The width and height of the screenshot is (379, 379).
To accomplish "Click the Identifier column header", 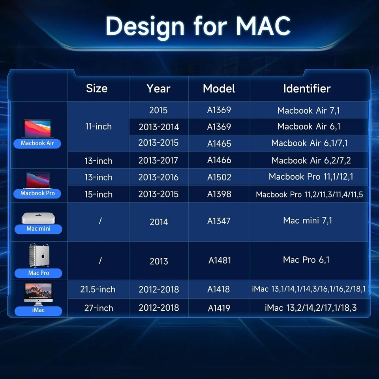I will coord(306,88).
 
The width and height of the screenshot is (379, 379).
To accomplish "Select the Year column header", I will coord(158,88).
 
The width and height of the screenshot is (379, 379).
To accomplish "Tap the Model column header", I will coord(219,88).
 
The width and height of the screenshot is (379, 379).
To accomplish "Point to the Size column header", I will coord(97,88).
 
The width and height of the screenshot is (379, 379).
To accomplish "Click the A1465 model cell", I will coord(219,144).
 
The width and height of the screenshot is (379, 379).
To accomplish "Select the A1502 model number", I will coord(219,177).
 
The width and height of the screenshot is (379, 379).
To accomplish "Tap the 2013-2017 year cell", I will coord(158,160).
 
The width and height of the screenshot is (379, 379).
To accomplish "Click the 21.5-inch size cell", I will coord(98,289).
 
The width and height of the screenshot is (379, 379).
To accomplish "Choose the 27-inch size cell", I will coord(98,308).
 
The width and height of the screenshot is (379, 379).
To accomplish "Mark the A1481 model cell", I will coord(220,261).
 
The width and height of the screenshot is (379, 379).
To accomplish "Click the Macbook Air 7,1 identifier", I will coord(308,111).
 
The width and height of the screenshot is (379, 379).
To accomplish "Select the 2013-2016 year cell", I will coord(158,177).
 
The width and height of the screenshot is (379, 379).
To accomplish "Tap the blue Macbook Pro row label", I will coord(38,193).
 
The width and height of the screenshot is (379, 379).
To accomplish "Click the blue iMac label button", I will coord(38,310).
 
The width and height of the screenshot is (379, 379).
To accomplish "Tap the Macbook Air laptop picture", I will coord(38,129).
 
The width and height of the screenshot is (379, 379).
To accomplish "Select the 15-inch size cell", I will coord(98,194).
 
